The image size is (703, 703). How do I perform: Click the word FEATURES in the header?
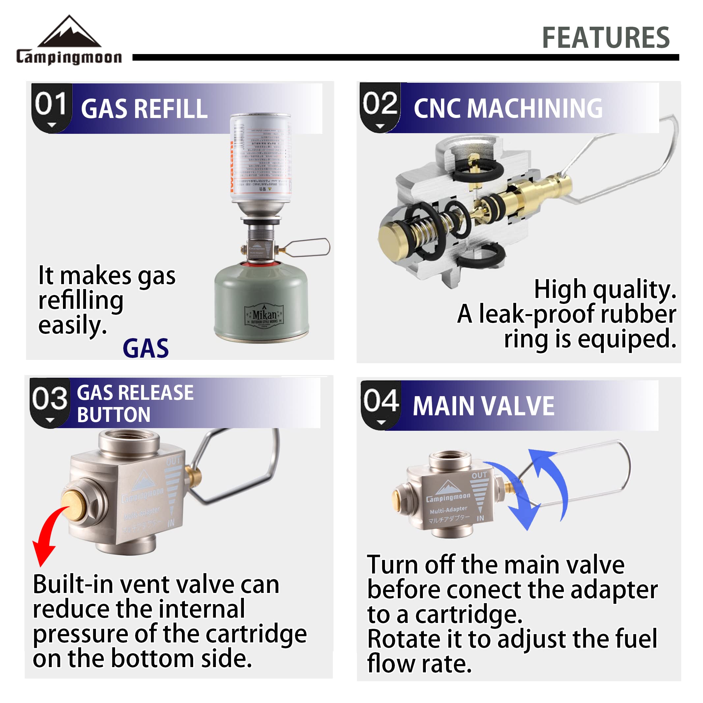click(605, 38)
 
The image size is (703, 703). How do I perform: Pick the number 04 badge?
click(381, 404)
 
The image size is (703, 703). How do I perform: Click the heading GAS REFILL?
click(144, 109)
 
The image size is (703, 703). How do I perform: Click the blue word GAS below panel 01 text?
click(146, 348)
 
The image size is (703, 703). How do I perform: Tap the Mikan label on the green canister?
click(265, 315)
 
